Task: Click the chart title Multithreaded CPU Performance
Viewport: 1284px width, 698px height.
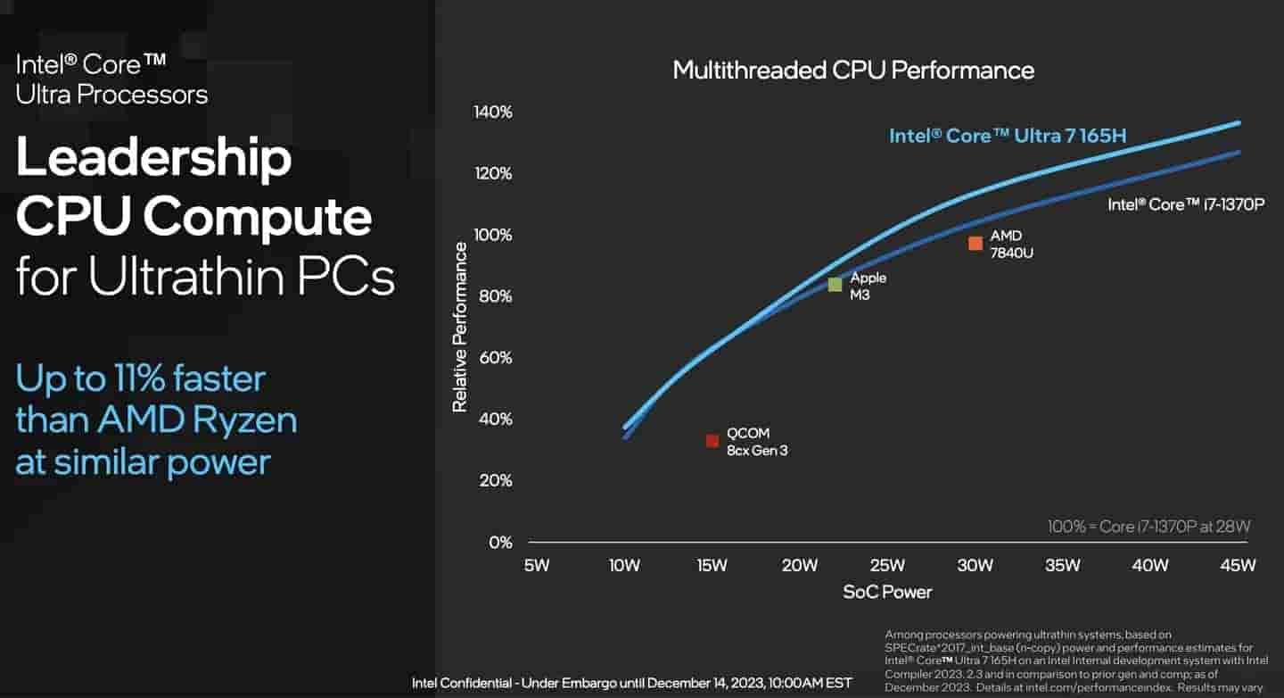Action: (853, 71)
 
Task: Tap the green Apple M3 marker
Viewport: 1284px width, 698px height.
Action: (835, 285)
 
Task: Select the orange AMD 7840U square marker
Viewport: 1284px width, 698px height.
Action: (975, 243)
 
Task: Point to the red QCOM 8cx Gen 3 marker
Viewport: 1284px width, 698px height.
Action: (712, 441)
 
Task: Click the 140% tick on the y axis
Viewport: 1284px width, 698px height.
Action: (493, 112)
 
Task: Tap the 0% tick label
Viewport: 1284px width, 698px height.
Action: (500, 543)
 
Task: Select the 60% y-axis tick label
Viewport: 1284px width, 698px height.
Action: (494, 358)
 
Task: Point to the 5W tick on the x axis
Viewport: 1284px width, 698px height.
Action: (537, 565)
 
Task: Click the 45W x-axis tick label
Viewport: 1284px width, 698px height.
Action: (1238, 565)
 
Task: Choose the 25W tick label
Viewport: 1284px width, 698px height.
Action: (887, 565)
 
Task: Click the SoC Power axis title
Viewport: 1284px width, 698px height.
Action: (887, 592)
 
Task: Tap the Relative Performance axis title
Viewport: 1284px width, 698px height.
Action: (460, 327)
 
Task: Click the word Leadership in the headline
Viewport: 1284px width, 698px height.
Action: (153, 159)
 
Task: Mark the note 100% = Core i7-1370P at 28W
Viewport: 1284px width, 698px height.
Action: (1149, 527)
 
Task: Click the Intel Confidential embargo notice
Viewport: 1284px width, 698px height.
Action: (631, 684)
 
